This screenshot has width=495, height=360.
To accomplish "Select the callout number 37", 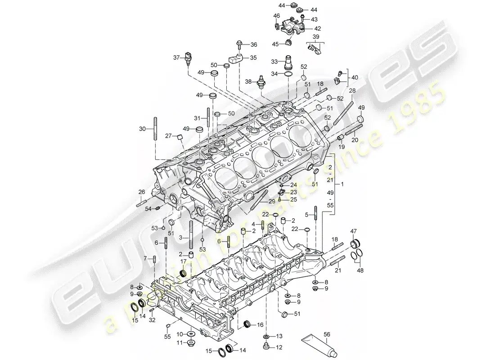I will pyautogui.click(x=177, y=57).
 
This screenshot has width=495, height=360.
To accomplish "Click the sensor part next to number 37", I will pyautogui.click(x=187, y=59).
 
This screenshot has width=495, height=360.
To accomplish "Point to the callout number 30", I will pyautogui.click(x=142, y=129).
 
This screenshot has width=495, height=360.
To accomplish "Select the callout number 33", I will pyautogui.click(x=274, y=61).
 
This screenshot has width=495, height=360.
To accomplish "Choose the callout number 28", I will pyautogui.click(x=352, y=91).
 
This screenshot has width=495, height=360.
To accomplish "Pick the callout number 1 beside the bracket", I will pyautogui.click(x=343, y=185).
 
